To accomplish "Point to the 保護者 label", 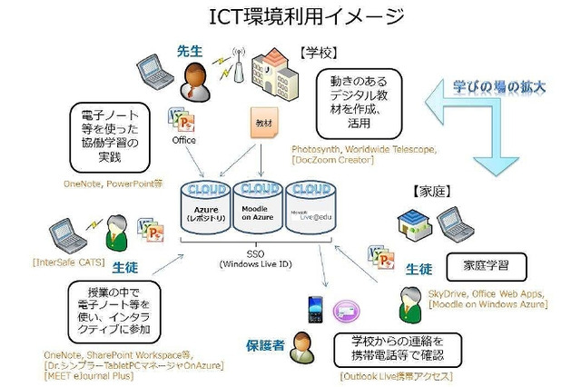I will (x=265, y=345).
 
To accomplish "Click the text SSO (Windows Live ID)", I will (x=257, y=258).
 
